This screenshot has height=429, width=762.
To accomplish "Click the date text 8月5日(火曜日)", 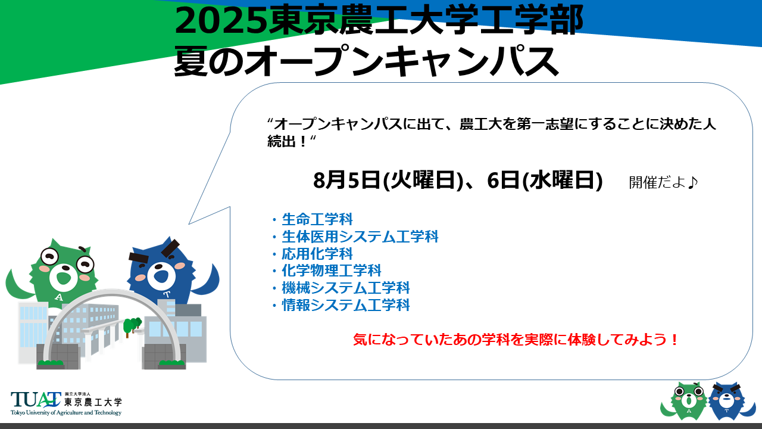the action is (388, 180).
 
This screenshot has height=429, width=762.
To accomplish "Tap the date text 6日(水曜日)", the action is (545, 180).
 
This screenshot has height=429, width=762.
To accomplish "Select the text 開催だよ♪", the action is (663, 182).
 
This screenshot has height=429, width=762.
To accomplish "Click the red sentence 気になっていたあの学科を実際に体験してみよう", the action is (513, 340).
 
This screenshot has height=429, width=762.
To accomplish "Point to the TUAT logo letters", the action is (36, 400).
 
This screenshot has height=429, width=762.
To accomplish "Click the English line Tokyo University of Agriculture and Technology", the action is (66, 413).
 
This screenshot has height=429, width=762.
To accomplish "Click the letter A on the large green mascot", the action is (59, 297).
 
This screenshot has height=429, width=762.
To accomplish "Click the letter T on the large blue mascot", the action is (167, 294).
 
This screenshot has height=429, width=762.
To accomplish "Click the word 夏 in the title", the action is (190, 61).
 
